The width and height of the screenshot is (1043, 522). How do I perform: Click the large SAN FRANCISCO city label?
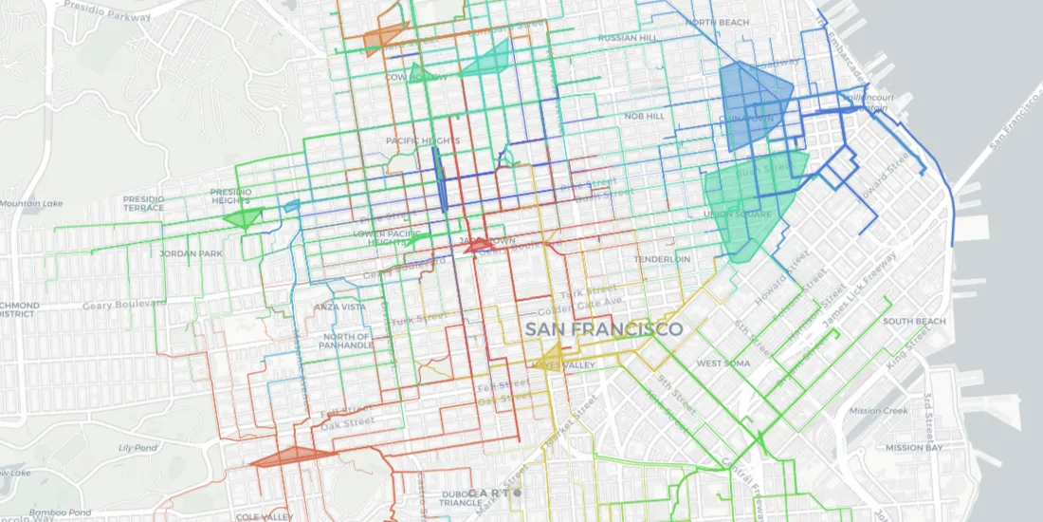tap(604, 329)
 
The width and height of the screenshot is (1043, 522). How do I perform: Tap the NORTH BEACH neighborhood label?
tap(718, 22)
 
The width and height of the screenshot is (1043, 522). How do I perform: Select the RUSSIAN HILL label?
tap(627, 39)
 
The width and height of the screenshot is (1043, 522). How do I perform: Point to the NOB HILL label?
tap(644, 116)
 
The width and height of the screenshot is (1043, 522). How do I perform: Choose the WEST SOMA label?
tap(723, 364)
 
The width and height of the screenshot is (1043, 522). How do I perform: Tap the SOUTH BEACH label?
tap(914, 322)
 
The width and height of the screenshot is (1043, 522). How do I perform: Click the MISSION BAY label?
tap(913, 447)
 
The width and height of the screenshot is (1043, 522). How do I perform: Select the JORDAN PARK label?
tap(191, 253)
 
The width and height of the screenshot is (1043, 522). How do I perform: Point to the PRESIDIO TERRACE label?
tap(143, 203)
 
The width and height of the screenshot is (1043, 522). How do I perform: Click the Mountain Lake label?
tap(31, 204)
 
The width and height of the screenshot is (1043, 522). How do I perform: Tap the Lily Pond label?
tap(137, 447)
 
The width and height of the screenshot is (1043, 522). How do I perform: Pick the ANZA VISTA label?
tap(340, 307)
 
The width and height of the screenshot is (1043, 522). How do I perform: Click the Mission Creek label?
tap(877, 411)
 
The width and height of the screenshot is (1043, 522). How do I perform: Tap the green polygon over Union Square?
tap(749, 204)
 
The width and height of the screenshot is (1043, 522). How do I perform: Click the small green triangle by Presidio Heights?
tap(243, 218)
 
